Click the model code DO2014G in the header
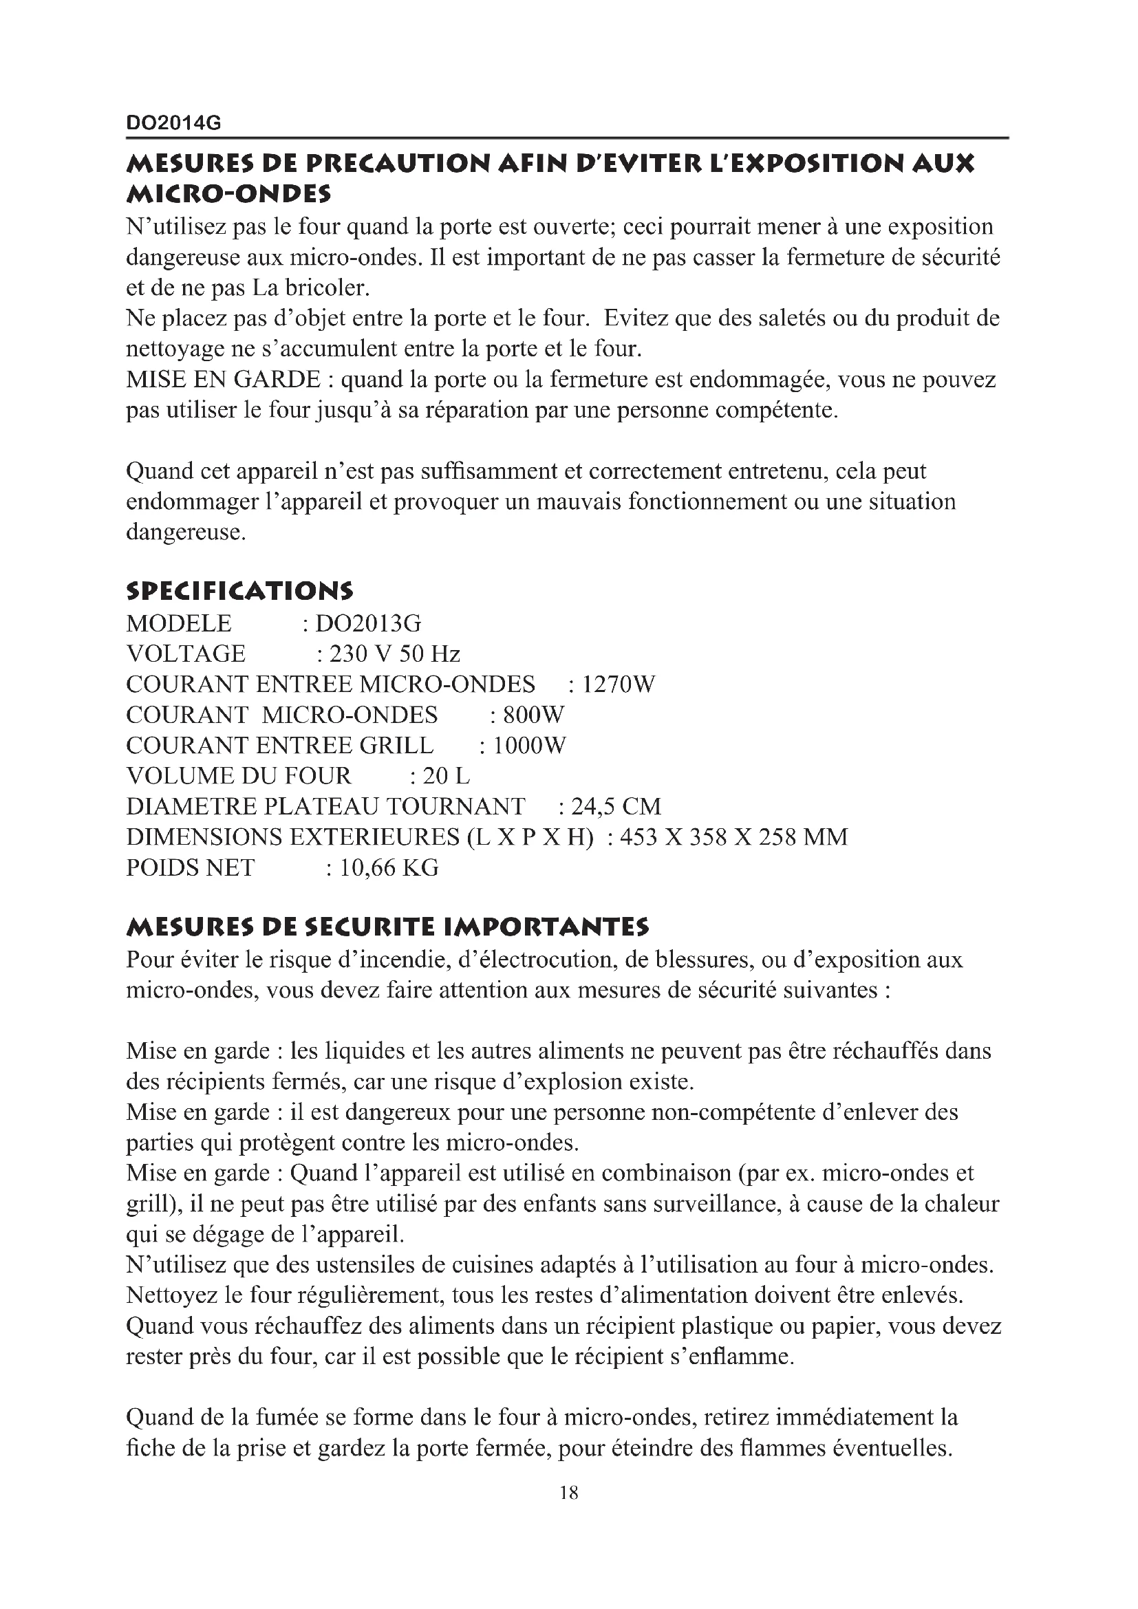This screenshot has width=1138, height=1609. click(173, 123)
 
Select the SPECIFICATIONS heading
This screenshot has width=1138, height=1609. click(239, 591)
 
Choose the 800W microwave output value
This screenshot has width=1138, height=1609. click(533, 715)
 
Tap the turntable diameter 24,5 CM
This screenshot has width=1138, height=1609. click(616, 807)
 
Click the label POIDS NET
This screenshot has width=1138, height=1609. click(190, 867)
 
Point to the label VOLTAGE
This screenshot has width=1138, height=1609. click(186, 654)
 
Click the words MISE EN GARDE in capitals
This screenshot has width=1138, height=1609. click(223, 379)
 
